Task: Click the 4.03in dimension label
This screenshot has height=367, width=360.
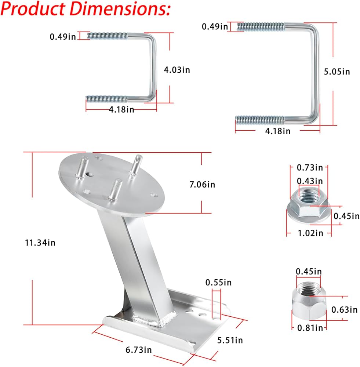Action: tap(177, 70)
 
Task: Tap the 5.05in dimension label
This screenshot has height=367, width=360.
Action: tap(337, 72)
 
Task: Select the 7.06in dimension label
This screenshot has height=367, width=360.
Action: tap(202, 185)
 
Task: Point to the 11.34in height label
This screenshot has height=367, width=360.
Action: tap(40, 243)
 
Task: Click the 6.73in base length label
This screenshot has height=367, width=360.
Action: tap(139, 350)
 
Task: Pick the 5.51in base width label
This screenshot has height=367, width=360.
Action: tap(230, 340)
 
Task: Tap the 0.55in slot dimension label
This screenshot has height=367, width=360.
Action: tap(218, 283)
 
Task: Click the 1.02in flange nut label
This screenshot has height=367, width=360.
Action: tap(310, 233)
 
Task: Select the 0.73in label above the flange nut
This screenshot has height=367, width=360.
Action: tap(310, 168)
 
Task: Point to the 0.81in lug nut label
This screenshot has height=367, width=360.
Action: tap(310, 328)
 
